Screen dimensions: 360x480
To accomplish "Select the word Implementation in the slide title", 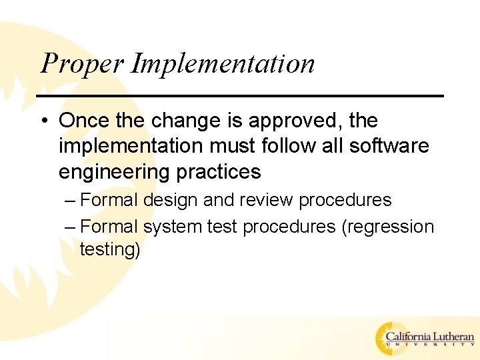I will pyautogui.click(x=223, y=64).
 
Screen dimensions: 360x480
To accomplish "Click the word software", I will pyautogui.click(x=390, y=146).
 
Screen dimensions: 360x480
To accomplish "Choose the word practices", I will pyautogui.click(x=218, y=172).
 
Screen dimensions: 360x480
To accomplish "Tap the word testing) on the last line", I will pyautogui.click(x=110, y=249).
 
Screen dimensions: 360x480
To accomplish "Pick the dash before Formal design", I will pyautogui.click(x=71, y=201).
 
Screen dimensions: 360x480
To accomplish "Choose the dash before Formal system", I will pyautogui.click(x=71, y=227).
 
